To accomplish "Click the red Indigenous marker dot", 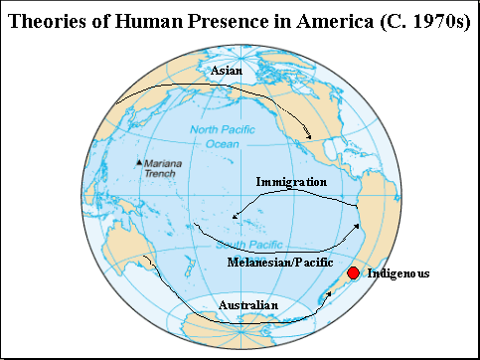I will pos(352,273).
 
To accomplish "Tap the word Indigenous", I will pos(399,272).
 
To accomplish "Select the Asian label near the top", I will pos(225,72).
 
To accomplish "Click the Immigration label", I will pos(291,182).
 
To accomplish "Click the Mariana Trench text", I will pos(160,168).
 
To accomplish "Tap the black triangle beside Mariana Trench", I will pos(138,163).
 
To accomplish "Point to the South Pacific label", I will pos(241,245).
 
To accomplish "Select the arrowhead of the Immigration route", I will pos(234,216).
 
